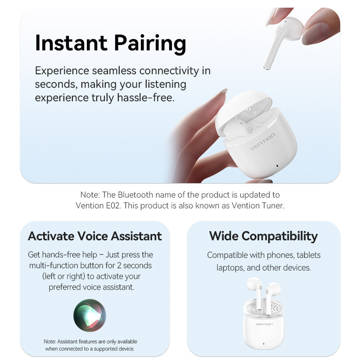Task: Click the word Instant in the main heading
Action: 70,43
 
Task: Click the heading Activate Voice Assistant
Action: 95,236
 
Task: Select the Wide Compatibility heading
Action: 263,236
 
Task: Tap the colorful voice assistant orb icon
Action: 90,315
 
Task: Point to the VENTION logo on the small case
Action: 264,324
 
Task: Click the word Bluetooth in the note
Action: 137,195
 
